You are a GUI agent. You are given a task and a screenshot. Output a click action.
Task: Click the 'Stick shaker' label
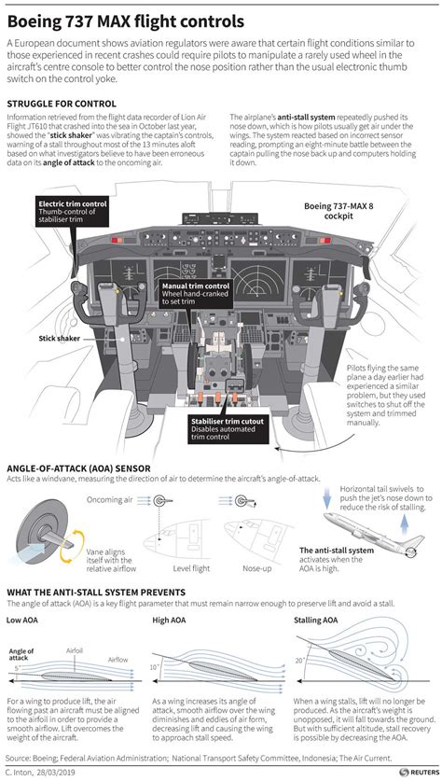[58, 339]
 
